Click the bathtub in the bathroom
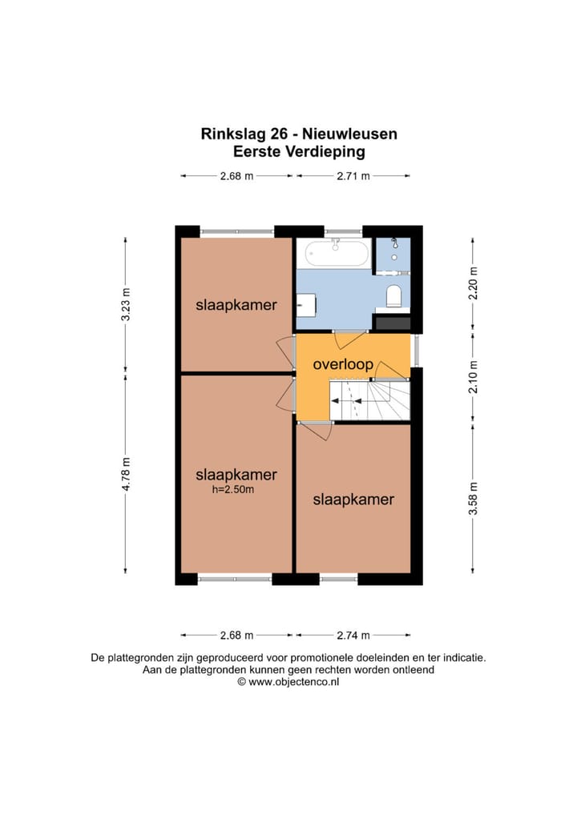[x=335, y=254]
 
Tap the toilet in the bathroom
[x=393, y=296]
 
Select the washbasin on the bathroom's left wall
[x=305, y=304]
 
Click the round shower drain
[x=393, y=241]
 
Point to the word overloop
[x=343, y=364]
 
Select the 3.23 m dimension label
[x=125, y=304]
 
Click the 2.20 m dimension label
[x=473, y=282]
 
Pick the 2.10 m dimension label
[x=473, y=376]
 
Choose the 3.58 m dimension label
[x=473, y=497]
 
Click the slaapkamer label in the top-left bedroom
[x=236, y=305]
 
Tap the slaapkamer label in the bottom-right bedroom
[x=353, y=500]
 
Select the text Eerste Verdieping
[x=298, y=151]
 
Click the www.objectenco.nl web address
[x=294, y=682]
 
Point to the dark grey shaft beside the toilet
[x=393, y=323]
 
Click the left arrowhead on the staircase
[x=335, y=416]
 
